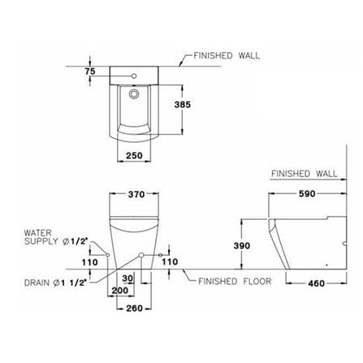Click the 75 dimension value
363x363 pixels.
point(90,71)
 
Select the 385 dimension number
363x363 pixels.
point(183,105)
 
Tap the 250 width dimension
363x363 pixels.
point(134,155)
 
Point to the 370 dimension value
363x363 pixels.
point(136,194)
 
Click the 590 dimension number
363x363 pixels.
point(307,193)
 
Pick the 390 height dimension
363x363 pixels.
point(242,245)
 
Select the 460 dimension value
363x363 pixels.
point(316,283)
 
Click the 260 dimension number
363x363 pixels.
point(134,308)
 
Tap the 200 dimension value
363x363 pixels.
point(120,291)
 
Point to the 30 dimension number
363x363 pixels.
point(127,279)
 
